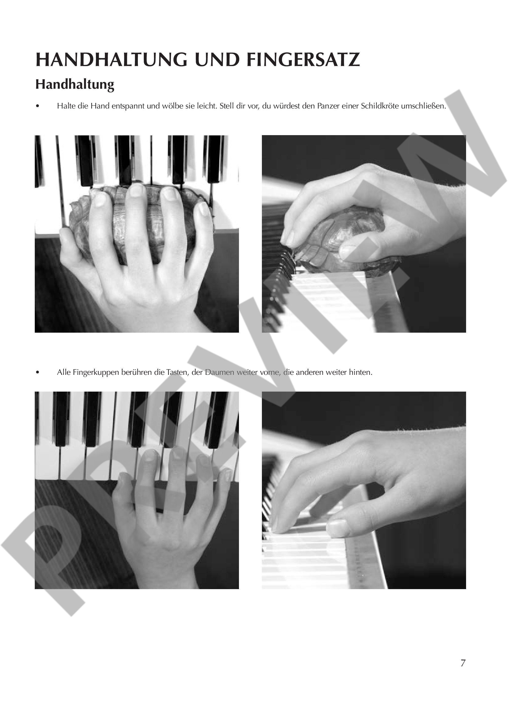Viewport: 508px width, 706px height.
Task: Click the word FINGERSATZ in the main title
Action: [303, 60]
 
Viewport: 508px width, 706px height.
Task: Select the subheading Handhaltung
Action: [75, 85]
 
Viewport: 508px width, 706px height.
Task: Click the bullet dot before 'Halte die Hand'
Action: [38, 107]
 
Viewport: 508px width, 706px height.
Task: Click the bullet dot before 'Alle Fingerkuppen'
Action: [38, 373]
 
